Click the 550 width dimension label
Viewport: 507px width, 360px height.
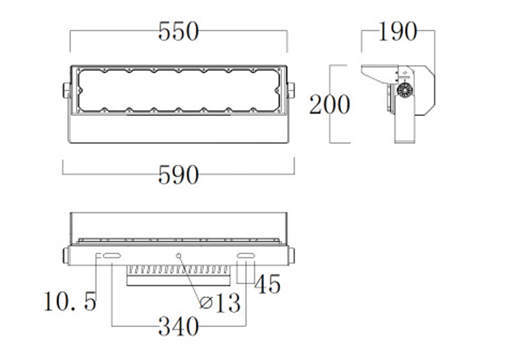(x=178, y=32)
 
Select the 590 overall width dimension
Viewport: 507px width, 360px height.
(x=178, y=174)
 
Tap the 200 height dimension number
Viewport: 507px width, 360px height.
(x=329, y=104)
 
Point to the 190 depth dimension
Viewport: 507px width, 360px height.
(x=397, y=32)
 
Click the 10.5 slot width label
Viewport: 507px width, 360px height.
(x=70, y=301)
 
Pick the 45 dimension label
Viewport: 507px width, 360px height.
(x=267, y=285)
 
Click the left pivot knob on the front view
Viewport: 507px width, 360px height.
(x=66, y=91)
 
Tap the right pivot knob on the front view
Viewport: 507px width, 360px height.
(x=291, y=91)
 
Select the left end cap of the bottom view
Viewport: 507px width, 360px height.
(x=65, y=255)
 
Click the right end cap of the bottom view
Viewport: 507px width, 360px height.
(x=292, y=255)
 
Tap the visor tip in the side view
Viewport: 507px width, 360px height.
(x=364, y=71)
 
